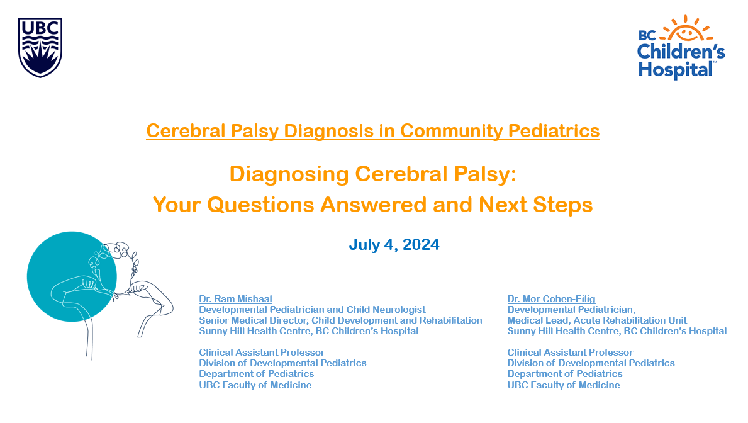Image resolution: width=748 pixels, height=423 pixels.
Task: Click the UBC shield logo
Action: [x=40, y=47]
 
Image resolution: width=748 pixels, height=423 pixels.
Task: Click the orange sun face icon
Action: [x=686, y=30]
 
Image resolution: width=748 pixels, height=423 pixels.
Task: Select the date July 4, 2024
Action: [x=394, y=244]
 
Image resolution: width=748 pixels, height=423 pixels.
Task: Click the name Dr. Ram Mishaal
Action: [x=235, y=299]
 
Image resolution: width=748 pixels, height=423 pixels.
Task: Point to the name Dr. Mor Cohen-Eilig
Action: [x=551, y=299]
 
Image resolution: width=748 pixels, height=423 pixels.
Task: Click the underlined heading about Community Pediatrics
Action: [x=372, y=131]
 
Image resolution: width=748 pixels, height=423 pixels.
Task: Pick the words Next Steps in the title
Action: [x=536, y=205]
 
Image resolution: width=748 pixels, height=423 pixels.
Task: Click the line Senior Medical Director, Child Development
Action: [x=340, y=320]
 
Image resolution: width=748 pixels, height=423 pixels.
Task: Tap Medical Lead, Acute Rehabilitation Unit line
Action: [x=597, y=320]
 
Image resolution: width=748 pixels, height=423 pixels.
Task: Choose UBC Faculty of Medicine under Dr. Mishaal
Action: [x=255, y=385]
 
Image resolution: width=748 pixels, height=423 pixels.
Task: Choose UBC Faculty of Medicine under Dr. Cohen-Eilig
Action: [x=564, y=385]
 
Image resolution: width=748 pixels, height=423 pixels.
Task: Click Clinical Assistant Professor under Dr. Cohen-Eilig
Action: [x=570, y=352]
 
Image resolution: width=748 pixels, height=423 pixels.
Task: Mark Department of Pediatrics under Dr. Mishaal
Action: [x=257, y=374]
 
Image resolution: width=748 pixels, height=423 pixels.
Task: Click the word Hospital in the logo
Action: [x=676, y=70]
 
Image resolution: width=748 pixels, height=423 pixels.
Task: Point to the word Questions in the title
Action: [x=260, y=205]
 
